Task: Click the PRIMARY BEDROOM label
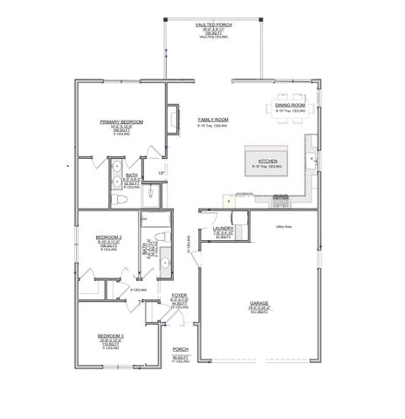click(121, 122)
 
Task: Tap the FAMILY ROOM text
click(212, 119)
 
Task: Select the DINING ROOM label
click(290, 106)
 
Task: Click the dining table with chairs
click(290, 96)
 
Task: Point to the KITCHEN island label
click(268, 161)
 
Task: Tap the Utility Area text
click(283, 225)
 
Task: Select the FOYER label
click(179, 297)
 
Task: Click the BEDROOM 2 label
click(109, 237)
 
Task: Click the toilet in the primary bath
click(125, 200)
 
